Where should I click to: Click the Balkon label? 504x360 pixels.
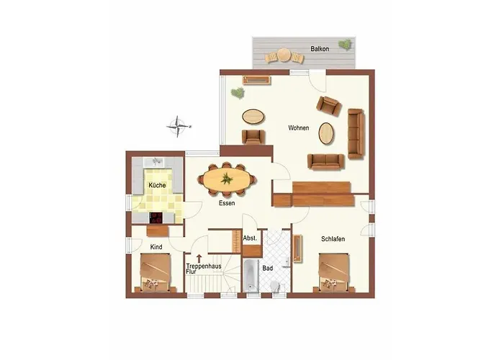point(320,49)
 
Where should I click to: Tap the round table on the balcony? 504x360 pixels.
point(284,55)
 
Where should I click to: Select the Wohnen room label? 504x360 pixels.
point(299,128)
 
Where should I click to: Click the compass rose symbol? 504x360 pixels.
point(178,126)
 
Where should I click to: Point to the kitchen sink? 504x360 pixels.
point(157,162)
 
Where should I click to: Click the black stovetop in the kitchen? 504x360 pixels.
point(156,217)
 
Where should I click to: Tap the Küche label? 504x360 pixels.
point(157,185)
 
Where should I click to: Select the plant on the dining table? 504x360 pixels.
point(227,179)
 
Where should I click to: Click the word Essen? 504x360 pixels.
point(227,203)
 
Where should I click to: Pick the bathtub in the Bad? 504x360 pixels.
point(251,276)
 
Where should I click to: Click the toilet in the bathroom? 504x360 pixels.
point(275,286)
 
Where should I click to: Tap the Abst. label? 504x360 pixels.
point(250,238)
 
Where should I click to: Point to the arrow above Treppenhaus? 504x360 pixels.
point(199,258)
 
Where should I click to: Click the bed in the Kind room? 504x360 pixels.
point(156,273)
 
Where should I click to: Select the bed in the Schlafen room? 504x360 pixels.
point(334,273)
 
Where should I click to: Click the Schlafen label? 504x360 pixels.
point(333,239)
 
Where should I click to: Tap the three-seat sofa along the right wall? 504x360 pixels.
point(356,134)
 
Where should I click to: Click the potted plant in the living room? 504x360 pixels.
point(238,93)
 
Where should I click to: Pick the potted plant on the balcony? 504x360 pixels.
point(345,45)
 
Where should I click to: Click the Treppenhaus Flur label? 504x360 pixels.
point(204,269)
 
